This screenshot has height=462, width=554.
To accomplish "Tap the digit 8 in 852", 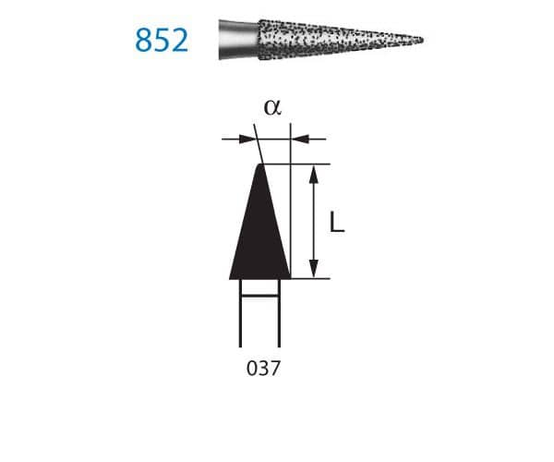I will click(143, 40).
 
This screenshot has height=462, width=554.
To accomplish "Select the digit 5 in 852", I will click(162, 40).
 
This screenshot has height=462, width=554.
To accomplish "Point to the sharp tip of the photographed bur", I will click(422, 40).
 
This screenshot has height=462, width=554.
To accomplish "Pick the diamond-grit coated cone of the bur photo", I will click(323, 39).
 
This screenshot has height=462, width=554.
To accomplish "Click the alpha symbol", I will click(271, 107).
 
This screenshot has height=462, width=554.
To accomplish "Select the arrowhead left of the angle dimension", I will click(247, 140).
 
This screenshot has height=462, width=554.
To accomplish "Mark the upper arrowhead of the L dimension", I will click(316, 172).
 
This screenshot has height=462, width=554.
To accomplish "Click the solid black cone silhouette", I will click(261, 236).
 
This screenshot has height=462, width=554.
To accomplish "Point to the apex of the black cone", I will click(261, 164).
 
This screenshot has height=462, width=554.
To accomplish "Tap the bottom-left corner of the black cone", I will click(231, 277).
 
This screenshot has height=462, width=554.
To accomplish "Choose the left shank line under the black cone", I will click(240, 314).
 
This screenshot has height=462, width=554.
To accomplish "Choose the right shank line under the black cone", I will click(280, 314).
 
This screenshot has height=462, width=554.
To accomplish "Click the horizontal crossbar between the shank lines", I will click(259, 296).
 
